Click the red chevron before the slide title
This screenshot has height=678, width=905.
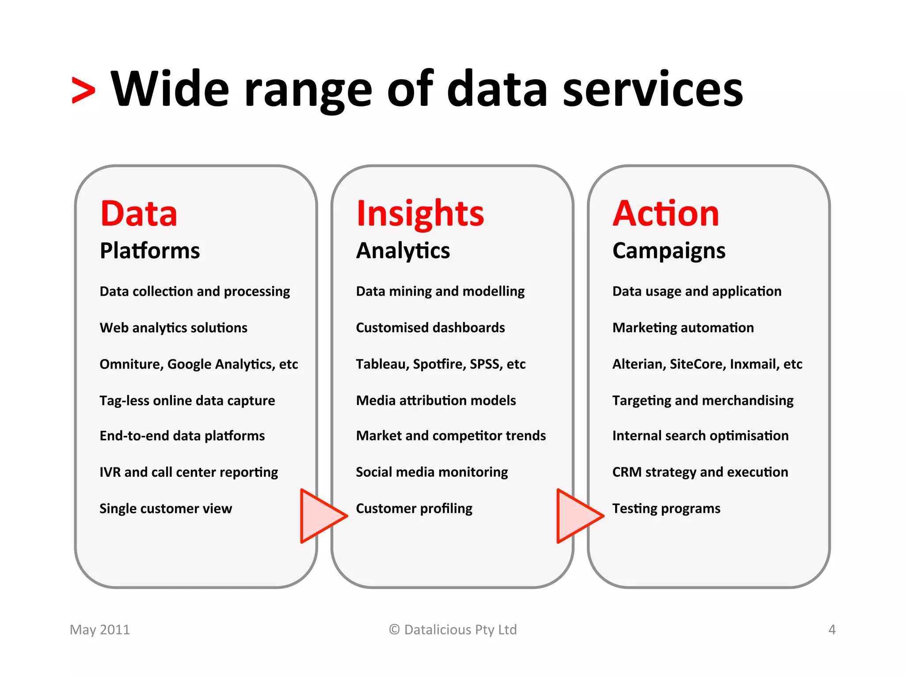tap(84, 90)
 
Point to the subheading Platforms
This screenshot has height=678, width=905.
tap(150, 251)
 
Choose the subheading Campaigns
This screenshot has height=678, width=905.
tap(669, 251)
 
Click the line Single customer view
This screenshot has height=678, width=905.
tap(166, 508)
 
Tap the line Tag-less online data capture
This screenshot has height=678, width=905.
tap(187, 400)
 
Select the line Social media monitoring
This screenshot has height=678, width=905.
tap(432, 472)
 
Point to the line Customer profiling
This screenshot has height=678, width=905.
tap(414, 508)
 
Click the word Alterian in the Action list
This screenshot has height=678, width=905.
tap(639, 364)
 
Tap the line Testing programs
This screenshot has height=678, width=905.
tap(666, 508)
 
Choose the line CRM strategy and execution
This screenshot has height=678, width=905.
tap(700, 472)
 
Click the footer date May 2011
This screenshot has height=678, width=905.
tap(100, 629)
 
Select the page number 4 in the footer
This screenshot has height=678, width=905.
tap(832, 629)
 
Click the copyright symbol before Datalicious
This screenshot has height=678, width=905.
tap(394, 629)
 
